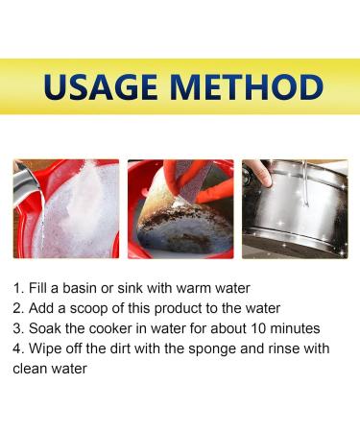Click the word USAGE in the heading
tap(103, 86)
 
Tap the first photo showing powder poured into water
tap(66, 208)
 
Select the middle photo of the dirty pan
tap(180, 208)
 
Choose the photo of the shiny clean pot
tap(294, 208)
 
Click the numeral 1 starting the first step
tap(17, 288)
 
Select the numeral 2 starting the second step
tap(17, 308)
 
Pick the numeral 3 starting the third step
tap(17, 328)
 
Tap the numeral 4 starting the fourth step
tap(17, 348)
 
